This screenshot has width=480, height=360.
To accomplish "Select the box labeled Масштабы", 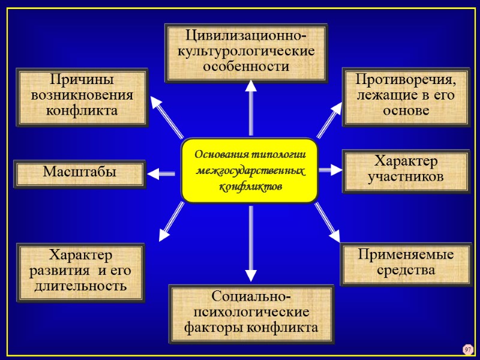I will click(x=79, y=174).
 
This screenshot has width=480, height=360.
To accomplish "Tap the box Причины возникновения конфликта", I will click(x=82, y=97).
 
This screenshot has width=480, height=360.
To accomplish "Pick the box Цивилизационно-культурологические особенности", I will click(x=247, y=53).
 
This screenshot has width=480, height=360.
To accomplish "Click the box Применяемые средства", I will click(x=406, y=263).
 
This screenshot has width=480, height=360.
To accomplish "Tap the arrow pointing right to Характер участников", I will click(x=329, y=170).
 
